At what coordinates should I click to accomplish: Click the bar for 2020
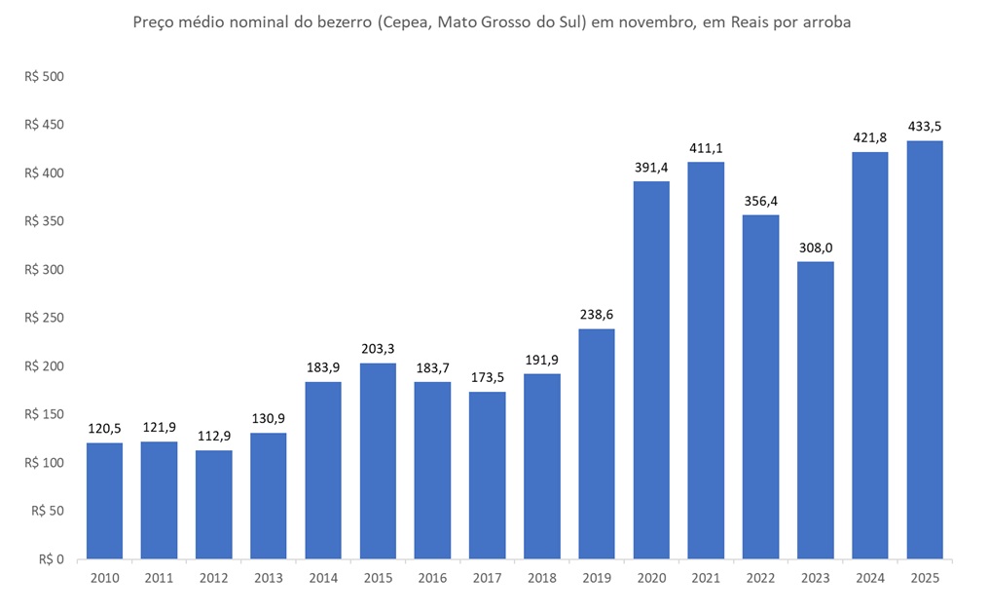(x=651, y=370)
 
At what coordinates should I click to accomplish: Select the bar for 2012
(x=213, y=505)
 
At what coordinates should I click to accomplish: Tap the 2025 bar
(x=925, y=350)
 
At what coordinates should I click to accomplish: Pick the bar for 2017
(x=487, y=476)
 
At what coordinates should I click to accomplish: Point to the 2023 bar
(x=816, y=410)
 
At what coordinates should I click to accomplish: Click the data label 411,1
(x=706, y=148)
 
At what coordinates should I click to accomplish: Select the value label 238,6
(x=597, y=315)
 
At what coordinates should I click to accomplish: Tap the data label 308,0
(x=816, y=248)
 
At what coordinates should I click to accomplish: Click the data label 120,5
(x=104, y=429)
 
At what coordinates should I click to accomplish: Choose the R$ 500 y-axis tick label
(x=43, y=76)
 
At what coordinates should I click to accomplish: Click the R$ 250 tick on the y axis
(x=43, y=318)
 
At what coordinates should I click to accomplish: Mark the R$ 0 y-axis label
(x=52, y=559)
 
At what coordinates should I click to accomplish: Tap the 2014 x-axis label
(x=323, y=578)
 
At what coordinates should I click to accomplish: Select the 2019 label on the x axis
(x=597, y=578)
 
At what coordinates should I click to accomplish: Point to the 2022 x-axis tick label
(x=761, y=578)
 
